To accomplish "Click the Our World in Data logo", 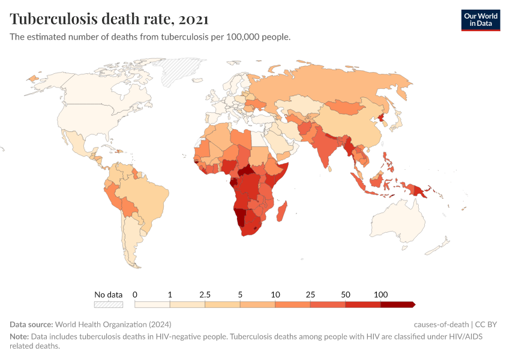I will tap(480, 20).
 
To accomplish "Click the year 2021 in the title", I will tap(193, 19).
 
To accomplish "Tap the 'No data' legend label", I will tap(109, 295).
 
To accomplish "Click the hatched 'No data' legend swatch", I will tap(109, 304).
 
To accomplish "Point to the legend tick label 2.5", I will tap(205, 295).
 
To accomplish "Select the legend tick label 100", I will tap(380, 295).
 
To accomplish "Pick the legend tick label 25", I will tap(310, 295).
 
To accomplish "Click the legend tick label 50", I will tap(346, 295).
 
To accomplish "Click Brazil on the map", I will tap(150, 192).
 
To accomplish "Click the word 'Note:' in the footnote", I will tap(19, 337).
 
